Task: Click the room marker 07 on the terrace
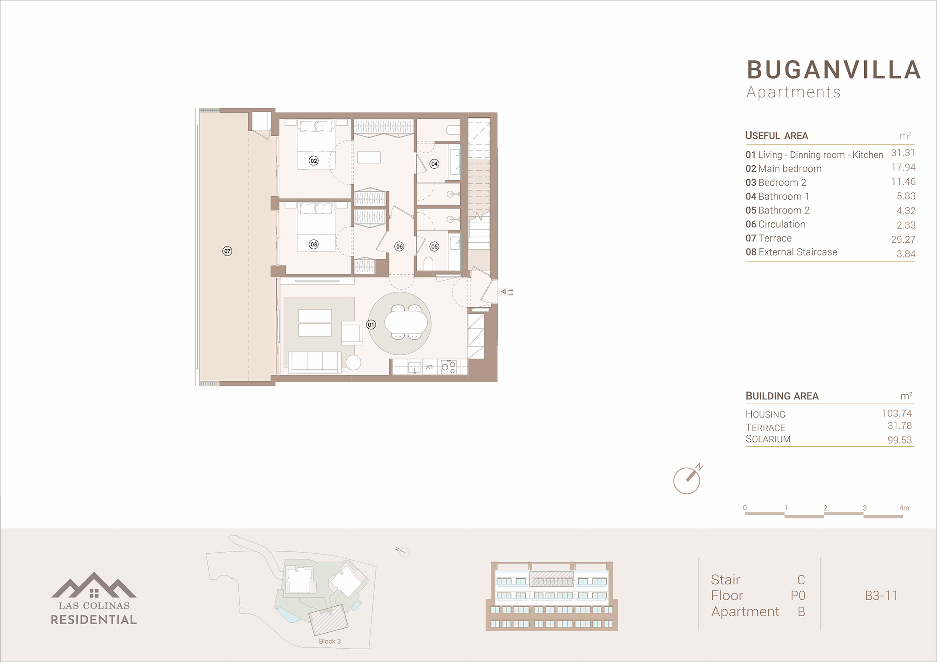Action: (x=227, y=251)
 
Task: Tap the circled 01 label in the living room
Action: (x=371, y=325)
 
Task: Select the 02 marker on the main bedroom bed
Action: (x=313, y=160)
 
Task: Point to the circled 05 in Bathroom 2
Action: (x=434, y=246)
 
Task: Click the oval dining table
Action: (x=406, y=322)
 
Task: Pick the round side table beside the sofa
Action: (x=353, y=362)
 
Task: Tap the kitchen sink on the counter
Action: (x=415, y=367)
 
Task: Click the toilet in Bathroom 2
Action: (x=428, y=264)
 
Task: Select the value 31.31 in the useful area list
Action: (x=903, y=153)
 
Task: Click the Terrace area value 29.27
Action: (x=903, y=240)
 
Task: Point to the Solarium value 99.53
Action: (x=900, y=440)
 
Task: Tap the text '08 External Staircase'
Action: (x=792, y=252)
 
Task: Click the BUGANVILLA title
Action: (x=834, y=70)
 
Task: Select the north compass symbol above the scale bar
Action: (x=687, y=479)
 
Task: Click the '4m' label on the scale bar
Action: (x=905, y=508)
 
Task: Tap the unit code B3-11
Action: (x=881, y=596)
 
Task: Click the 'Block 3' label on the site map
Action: (x=330, y=641)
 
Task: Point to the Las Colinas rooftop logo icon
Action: (x=94, y=585)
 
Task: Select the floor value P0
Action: (x=798, y=596)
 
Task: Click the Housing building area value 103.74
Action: (x=897, y=413)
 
